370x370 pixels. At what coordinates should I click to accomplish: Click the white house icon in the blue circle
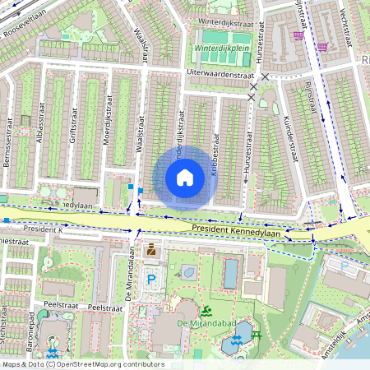[185, 177]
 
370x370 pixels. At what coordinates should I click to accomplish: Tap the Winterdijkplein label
[221, 49]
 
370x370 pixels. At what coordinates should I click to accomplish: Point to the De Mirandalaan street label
[130, 280]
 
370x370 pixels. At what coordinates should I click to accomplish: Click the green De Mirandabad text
[206, 323]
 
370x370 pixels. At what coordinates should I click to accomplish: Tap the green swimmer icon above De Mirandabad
[206, 310]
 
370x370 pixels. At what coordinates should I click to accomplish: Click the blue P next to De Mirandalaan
[150, 280]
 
